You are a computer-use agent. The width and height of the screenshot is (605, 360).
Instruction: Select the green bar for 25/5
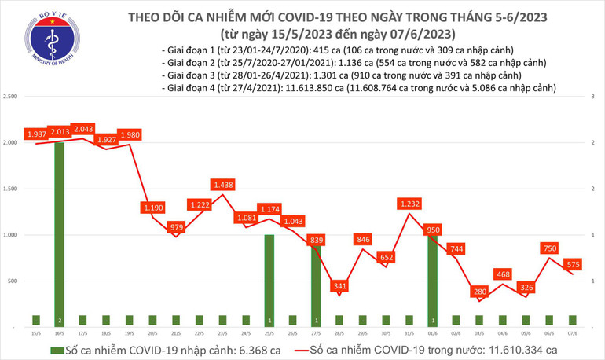[269, 279]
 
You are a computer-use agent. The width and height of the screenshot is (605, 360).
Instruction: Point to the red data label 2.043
[83, 129]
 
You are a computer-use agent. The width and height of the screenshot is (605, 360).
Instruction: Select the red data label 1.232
[409, 203]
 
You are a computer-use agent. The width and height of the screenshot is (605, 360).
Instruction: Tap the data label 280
[479, 292]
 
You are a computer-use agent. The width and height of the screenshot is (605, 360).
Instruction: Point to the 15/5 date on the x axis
[36, 332]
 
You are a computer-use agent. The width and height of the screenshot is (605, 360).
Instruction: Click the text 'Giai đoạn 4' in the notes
[188, 89]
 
